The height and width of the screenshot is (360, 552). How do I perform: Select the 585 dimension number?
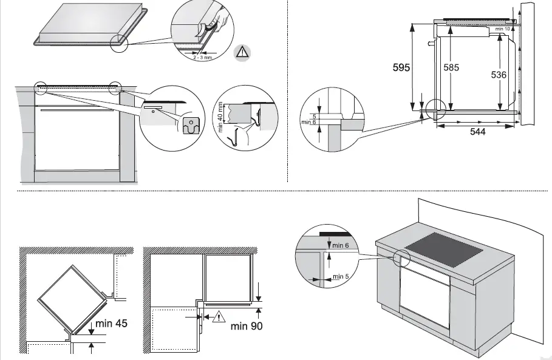(451, 68)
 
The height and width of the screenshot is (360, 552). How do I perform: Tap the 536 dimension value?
(499, 75)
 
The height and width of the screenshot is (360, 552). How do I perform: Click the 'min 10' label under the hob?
(502, 29)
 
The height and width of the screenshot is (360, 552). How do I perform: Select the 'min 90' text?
(247, 327)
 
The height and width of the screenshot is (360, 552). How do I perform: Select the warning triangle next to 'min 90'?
(216, 316)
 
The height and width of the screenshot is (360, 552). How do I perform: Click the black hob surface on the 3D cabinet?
(444, 248)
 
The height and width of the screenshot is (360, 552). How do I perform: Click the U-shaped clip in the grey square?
(191, 126)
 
